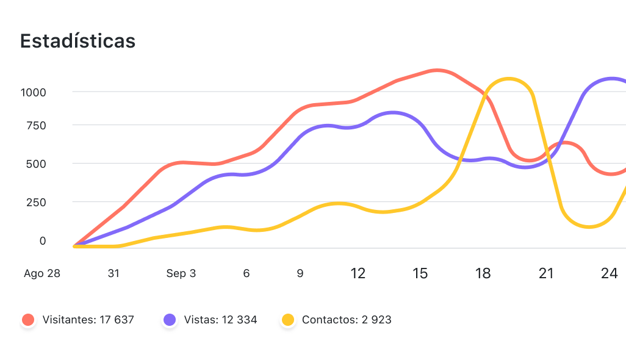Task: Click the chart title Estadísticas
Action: (77, 41)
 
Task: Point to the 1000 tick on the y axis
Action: (34, 92)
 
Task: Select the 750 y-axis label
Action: (35, 125)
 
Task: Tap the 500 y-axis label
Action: (35, 164)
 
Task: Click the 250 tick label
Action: (35, 202)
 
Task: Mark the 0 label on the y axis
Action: (43, 241)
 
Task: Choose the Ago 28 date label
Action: (42, 273)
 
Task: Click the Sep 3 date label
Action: (181, 273)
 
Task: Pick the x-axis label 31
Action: (113, 273)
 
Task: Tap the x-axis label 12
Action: (358, 273)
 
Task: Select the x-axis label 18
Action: (483, 273)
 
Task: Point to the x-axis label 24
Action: (609, 273)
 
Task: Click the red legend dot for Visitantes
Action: (28, 319)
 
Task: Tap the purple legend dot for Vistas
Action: (170, 319)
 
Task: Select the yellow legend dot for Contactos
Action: (288, 319)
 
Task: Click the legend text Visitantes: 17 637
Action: (88, 319)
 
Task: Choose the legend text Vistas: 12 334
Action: (220, 319)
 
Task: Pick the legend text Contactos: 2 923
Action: (347, 319)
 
